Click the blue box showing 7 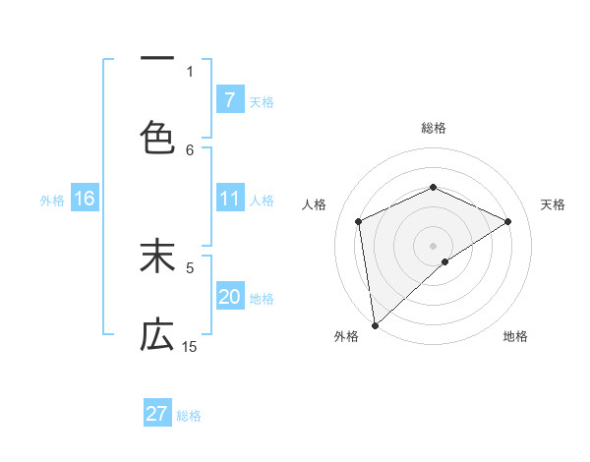pos(229,99)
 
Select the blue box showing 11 pos(229,199)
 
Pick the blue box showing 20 pos(229,297)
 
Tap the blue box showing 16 pos(85,199)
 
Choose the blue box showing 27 pos(157,414)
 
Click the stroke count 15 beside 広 pos(190,346)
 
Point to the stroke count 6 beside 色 pos(190,149)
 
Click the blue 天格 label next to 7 pos(262,101)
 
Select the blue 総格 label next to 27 pos(190,416)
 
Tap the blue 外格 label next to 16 pos(52,201)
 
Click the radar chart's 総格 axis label pos(433,128)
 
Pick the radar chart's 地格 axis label pos(515,336)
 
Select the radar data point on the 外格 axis pos(375,325)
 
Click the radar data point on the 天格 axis pos(508,221)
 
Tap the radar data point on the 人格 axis pos(359,221)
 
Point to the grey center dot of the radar pos(433,245)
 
